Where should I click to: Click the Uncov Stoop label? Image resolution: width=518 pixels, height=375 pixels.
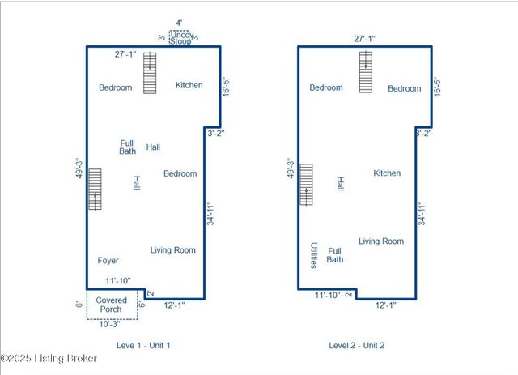point(180,37)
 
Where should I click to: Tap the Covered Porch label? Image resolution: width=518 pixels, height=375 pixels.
point(112,305)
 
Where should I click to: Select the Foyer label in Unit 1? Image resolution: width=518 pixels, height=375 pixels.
point(108,261)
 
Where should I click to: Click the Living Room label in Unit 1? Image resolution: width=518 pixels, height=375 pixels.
point(173,250)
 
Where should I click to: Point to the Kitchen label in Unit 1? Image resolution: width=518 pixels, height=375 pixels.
point(189,85)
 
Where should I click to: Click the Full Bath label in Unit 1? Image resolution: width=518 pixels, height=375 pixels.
point(127,147)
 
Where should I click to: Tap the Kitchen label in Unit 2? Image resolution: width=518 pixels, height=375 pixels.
point(387,173)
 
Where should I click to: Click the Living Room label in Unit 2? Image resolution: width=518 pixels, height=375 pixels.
point(381,241)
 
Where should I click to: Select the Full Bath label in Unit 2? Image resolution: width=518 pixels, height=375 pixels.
point(335,255)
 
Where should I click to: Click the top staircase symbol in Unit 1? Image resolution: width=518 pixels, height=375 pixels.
point(150,72)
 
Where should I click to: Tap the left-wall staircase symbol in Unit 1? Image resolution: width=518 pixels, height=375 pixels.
point(96,190)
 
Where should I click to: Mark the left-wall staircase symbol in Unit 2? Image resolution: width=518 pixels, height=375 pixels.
point(306,185)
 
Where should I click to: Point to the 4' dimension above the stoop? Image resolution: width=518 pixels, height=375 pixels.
point(179,23)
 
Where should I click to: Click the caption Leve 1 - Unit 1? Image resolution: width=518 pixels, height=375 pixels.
point(143,345)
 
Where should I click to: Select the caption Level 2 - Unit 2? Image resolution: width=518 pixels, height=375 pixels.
point(357,345)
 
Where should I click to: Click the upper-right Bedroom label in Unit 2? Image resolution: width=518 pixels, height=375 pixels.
point(404,88)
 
